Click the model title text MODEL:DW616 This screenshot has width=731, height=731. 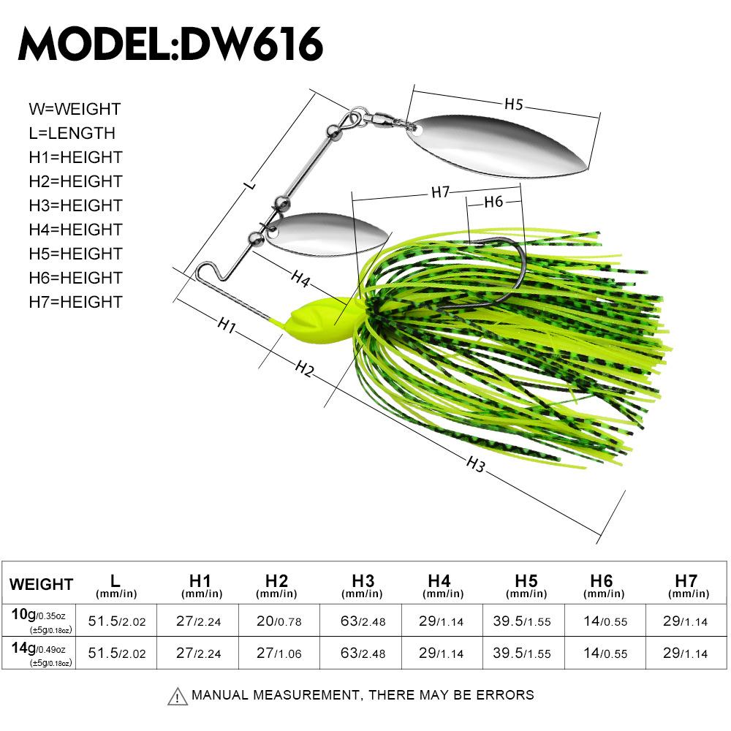tap(170, 45)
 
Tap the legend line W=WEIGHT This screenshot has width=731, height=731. tap(75, 109)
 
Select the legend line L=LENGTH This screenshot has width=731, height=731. tap(72, 133)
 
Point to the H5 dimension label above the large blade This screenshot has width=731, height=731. tap(514, 105)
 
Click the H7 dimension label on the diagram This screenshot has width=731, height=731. tap(439, 192)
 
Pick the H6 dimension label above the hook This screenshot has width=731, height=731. tap(494, 202)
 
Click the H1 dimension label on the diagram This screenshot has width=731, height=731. tap(227, 327)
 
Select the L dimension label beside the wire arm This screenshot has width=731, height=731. tap(251, 186)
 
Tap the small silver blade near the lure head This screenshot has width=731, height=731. tap(321, 235)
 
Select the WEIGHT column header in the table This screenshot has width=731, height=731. tap(42, 584)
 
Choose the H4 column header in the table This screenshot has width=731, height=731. tap(439, 584)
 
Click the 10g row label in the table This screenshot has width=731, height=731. tap(42, 619)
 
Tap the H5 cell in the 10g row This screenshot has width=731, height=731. tap(522, 621)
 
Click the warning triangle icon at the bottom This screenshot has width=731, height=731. tap(177, 696)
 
